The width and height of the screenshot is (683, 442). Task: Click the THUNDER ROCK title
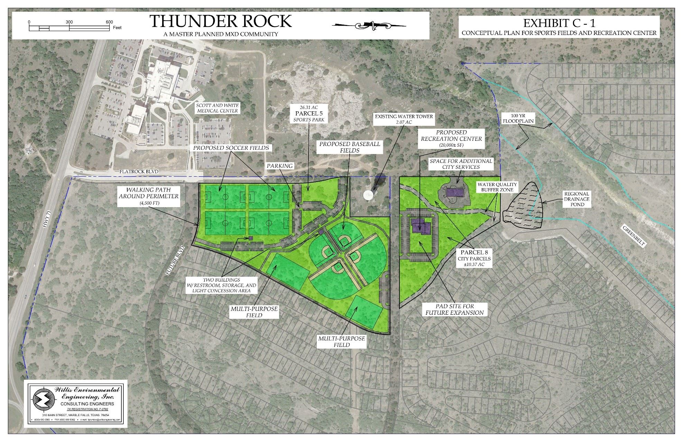(x=221, y=21)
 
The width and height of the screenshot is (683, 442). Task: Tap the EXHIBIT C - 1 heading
(x=559, y=23)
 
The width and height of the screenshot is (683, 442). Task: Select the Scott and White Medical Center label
(x=217, y=108)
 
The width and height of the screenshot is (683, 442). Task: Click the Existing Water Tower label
(x=404, y=119)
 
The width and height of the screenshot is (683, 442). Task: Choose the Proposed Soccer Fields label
(x=231, y=148)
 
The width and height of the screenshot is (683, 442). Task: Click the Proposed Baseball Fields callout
(x=349, y=147)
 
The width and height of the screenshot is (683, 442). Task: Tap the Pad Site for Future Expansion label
(x=454, y=309)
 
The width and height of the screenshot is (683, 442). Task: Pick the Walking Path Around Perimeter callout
(x=149, y=196)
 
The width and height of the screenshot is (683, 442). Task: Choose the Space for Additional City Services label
(x=461, y=164)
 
